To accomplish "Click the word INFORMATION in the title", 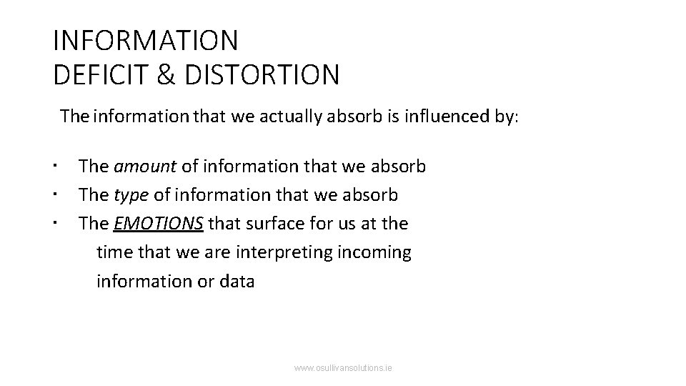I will (x=145, y=41).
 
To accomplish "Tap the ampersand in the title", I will (x=167, y=74).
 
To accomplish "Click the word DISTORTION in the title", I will (x=262, y=74).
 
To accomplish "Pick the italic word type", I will (x=129, y=194).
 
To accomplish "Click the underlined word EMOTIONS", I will (x=159, y=223).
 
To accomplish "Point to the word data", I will (x=237, y=281).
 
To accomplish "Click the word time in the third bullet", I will (x=114, y=252).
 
